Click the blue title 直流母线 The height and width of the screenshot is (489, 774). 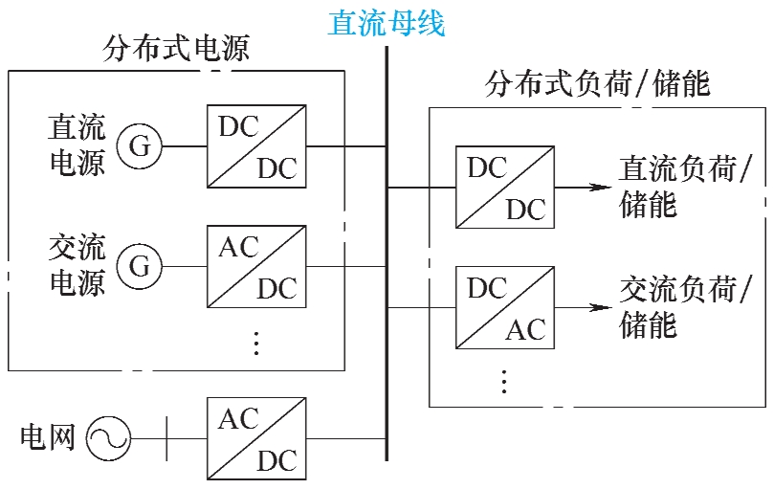[x=387, y=23]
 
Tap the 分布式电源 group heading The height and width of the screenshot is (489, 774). [x=176, y=50]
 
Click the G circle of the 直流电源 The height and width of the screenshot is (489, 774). [x=140, y=146]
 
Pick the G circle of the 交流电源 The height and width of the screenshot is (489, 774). [x=140, y=266]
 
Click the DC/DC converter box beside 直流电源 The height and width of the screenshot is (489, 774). [x=256, y=146]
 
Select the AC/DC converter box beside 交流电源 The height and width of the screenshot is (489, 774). [x=256, y=266]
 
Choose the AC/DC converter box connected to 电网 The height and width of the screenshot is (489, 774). [x=256, y=438]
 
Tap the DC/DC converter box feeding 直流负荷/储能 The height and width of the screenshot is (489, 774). [x=504, y=187]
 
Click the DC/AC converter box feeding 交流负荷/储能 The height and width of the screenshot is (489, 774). [x=504, y=308]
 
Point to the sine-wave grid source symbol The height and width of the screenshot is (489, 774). [x=107, y=438]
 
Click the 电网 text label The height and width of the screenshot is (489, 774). [x=47, y=438]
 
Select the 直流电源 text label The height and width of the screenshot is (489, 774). [x=77, y=145]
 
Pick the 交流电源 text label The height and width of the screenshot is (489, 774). [x=77, y=265]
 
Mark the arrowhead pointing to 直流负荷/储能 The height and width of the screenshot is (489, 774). [x=601, y=187]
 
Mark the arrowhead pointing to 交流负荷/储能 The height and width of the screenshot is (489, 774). [x=601, y=308]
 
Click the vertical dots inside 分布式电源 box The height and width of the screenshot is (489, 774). [x=256, y=342]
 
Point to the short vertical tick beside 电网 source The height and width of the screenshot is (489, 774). [x=166, y=438]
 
